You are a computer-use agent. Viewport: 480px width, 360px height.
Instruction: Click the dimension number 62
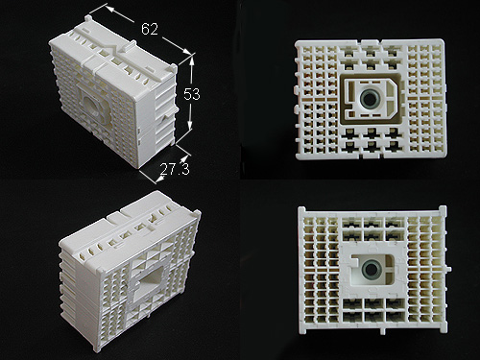click(150, 29)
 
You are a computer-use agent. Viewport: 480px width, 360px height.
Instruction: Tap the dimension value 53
click(192, 94)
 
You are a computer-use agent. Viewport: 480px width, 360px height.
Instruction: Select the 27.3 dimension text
click(175, 169)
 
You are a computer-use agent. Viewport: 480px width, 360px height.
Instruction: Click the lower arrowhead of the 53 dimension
click(190, 126)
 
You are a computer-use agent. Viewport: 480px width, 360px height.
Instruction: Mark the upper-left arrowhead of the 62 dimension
click(109, 9)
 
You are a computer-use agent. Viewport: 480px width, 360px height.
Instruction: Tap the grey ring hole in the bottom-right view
click(372, 269)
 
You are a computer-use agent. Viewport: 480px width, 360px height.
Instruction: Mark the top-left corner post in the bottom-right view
click(301, 211)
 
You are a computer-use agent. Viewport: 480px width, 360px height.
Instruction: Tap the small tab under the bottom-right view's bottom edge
click(382, 331)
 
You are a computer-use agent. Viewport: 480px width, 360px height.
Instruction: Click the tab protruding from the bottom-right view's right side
click(448, 269)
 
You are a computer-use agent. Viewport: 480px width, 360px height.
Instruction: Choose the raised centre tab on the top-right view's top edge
click(372, 42)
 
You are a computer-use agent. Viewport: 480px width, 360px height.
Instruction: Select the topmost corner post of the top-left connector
click(88, 18)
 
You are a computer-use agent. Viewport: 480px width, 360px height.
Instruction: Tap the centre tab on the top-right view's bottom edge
click(372, 156)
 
